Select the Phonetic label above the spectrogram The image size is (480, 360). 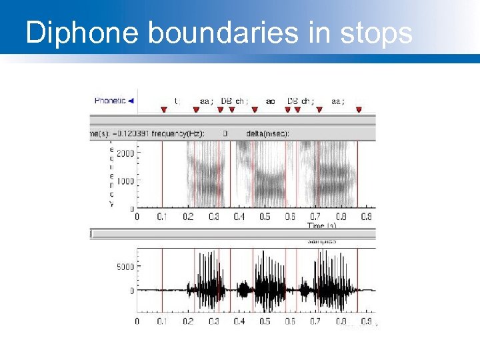(110, 101)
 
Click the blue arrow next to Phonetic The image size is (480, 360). (131, 101)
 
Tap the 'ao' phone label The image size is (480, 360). (270, 101)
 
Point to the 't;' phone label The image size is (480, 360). (177, 101)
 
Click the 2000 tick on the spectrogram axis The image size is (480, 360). (125, 153)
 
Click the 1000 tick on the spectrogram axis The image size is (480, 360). (125, 181)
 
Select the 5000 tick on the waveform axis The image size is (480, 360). (125, 267)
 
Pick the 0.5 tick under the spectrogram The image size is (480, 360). (265, 217)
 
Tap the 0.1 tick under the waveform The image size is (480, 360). (163, 321)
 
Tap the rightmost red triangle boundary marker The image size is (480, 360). (359, 110)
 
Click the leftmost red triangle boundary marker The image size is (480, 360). (163, 110)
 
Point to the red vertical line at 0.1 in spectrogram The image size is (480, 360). (163, 173)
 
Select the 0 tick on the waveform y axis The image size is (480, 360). (132, 291)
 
